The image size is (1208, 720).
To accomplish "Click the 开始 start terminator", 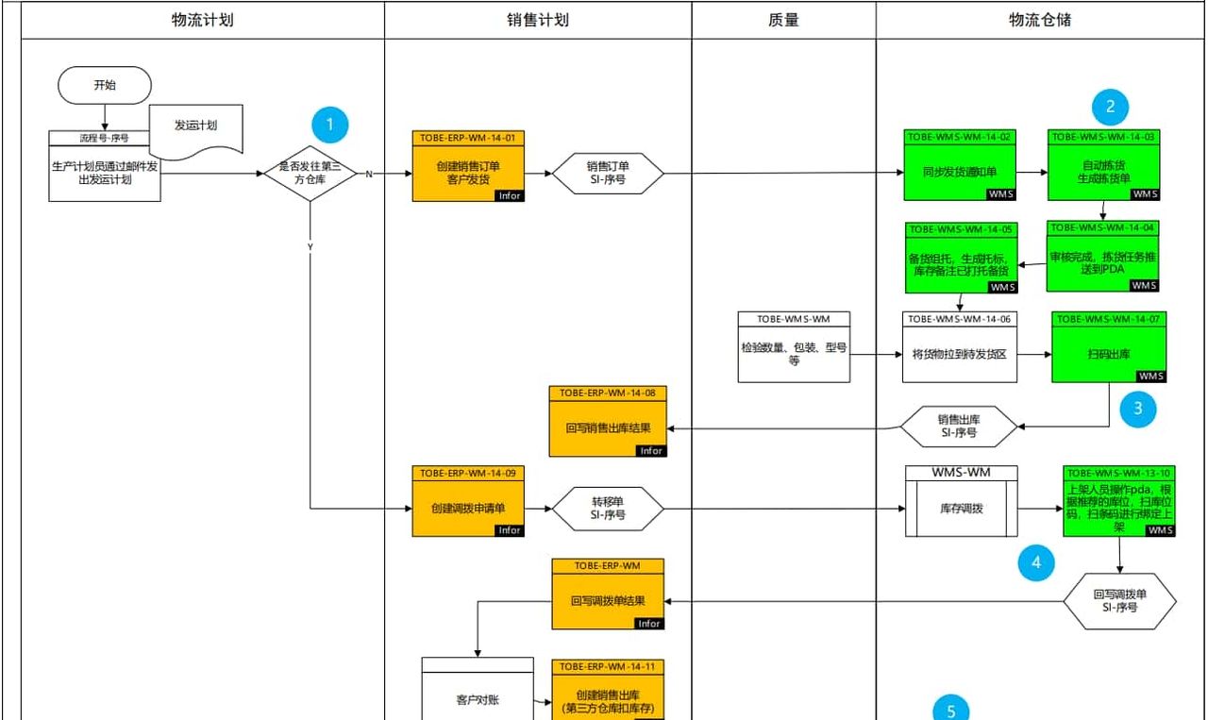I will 105,85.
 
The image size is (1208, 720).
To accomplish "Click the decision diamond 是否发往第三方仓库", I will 309,173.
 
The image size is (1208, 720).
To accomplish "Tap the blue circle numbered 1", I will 329,124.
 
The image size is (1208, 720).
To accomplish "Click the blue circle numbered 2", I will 1110,106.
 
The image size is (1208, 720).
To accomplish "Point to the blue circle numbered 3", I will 1138,409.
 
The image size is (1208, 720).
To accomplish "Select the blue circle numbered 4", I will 1036,563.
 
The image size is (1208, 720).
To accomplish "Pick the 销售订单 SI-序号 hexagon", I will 608,173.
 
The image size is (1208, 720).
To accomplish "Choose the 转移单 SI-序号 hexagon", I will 608,510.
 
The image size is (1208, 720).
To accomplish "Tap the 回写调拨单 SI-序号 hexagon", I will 1119,601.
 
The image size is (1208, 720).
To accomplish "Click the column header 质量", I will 783,20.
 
